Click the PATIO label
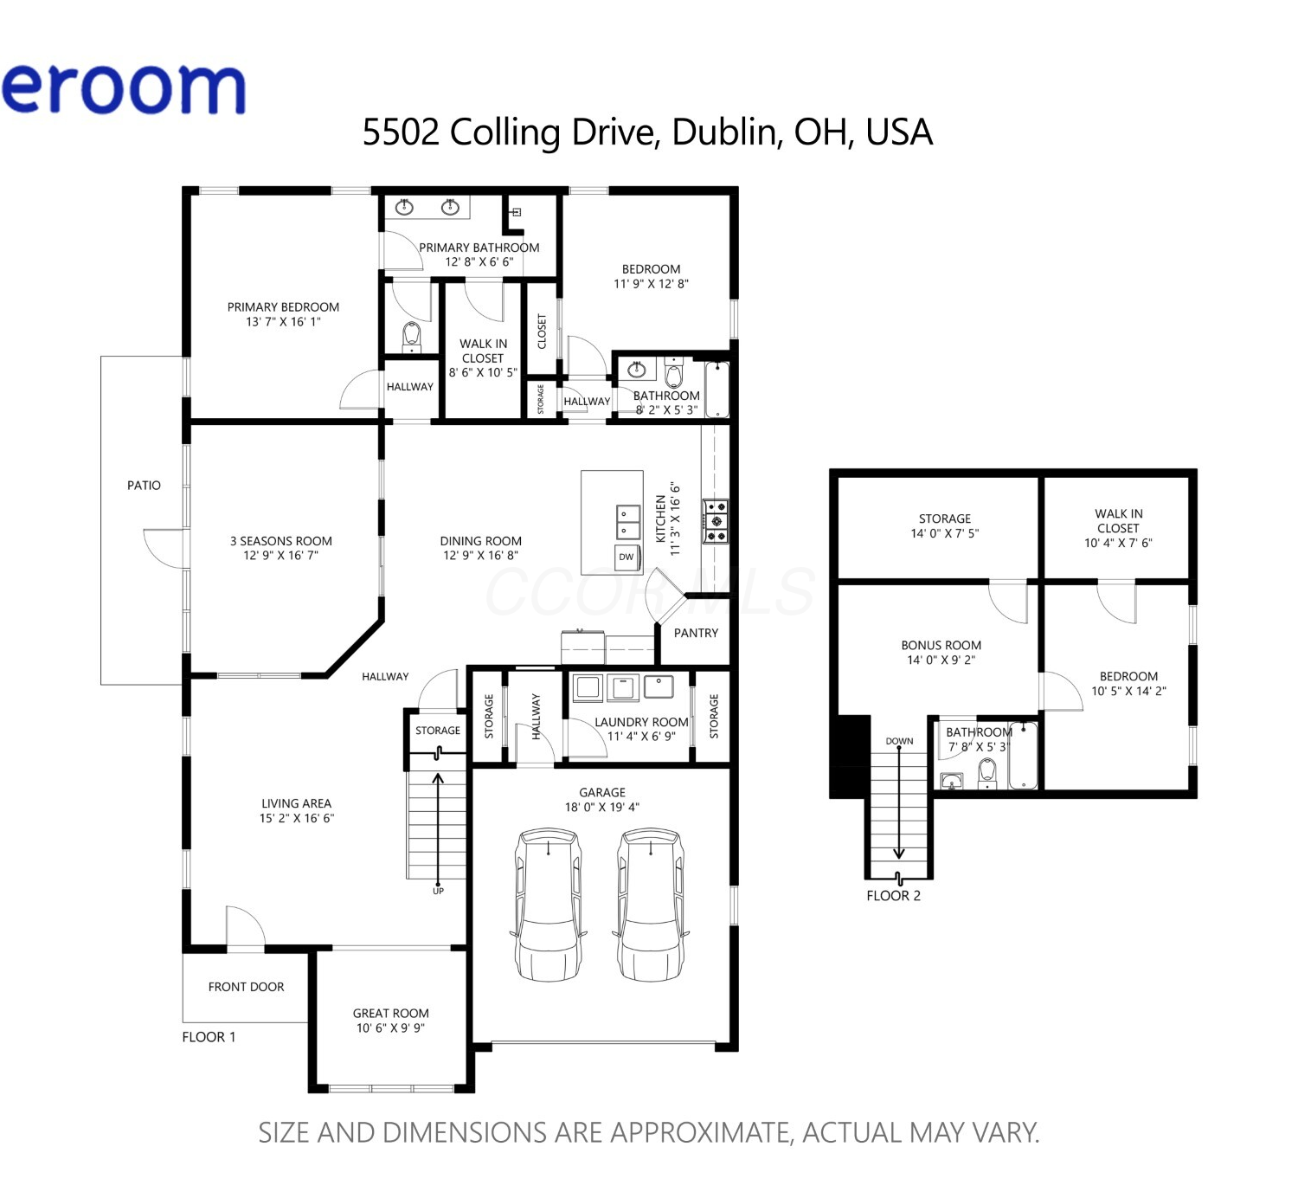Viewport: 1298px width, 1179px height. (x=144, y=486)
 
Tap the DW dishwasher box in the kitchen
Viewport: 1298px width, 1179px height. (x=627, y=557)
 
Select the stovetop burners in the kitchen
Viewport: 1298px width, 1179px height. (x=716, y=520)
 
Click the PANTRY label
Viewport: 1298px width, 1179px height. (x=696, y=633)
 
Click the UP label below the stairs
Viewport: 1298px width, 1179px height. (x=438, y=892)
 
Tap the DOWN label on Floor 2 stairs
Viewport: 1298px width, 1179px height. (x=899, y=741)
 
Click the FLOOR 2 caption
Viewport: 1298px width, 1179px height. (x=893, y=896)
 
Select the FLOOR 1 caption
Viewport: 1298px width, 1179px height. (x=209, y=1037)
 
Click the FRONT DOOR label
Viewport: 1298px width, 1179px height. (x=246, y=987)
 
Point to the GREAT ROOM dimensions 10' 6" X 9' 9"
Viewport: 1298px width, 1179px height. (x=390, y=1028)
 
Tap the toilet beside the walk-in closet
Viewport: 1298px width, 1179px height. (x=412, y=337)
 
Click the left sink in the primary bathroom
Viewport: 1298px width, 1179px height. (x=404, y=207)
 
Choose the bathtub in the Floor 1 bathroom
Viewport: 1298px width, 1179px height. (x=717, y=390)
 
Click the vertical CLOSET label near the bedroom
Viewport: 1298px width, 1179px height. (x=542, y=332)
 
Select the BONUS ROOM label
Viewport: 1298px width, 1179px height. (x=941, y=646)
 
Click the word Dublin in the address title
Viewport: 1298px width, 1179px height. (x=724, y=132)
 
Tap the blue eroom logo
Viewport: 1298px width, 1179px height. (x=123, y=88)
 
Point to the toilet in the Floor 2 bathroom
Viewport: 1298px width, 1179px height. (x=986, y=773)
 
